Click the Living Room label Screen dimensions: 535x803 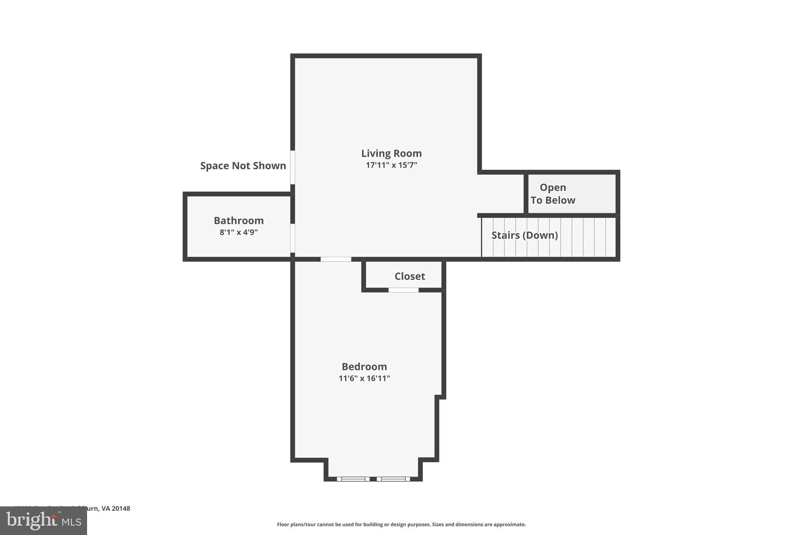[x=391, y=153]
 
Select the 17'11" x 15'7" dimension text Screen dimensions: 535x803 [x=391, y=165]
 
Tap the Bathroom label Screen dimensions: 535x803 [x=238, y=220]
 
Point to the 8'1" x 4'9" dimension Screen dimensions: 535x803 [x=238, y=232]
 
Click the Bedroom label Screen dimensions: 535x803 [x=364, y=366]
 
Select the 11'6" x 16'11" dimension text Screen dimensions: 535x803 [x=364, y=378]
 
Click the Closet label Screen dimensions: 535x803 [x=409, y=276]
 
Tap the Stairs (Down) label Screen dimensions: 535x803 [x=524, y=235]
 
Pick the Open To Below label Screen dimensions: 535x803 [x=553, y=194]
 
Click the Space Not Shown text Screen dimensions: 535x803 [x=243, y=166]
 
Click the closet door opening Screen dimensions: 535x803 [x=403, y=290]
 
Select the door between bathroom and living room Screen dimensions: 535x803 [x=292, y=238]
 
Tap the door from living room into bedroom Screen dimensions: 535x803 [x=336, y=259]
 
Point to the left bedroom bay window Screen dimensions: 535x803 [x=353, y=479]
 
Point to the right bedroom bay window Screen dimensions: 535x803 [x=393, y=479]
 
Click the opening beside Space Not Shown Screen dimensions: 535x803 [x=292, y=167]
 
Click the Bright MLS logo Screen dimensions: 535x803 [x=44, y=521]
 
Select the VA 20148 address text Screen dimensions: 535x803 [x=116, y=508]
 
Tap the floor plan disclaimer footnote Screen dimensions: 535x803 [x=401, y=524]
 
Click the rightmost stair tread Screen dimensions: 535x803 [x=610, y=237]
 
